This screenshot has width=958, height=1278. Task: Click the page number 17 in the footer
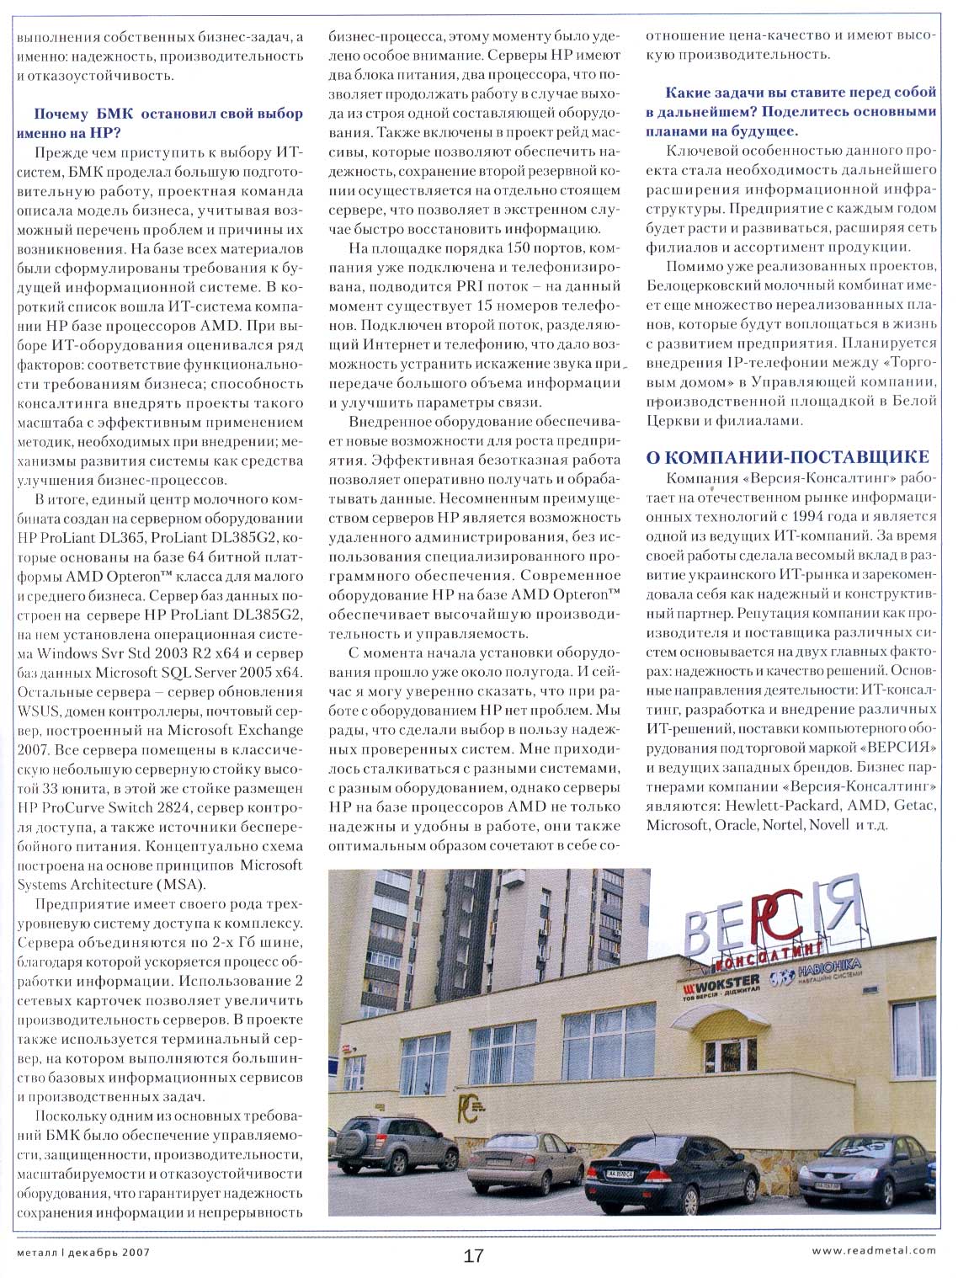click(474, 1255)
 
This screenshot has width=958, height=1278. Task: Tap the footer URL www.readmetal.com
click(873, 1250)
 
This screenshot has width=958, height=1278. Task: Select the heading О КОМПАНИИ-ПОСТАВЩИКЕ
click(786, 457)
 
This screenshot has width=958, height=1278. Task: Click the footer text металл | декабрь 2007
click(82, 1251)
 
